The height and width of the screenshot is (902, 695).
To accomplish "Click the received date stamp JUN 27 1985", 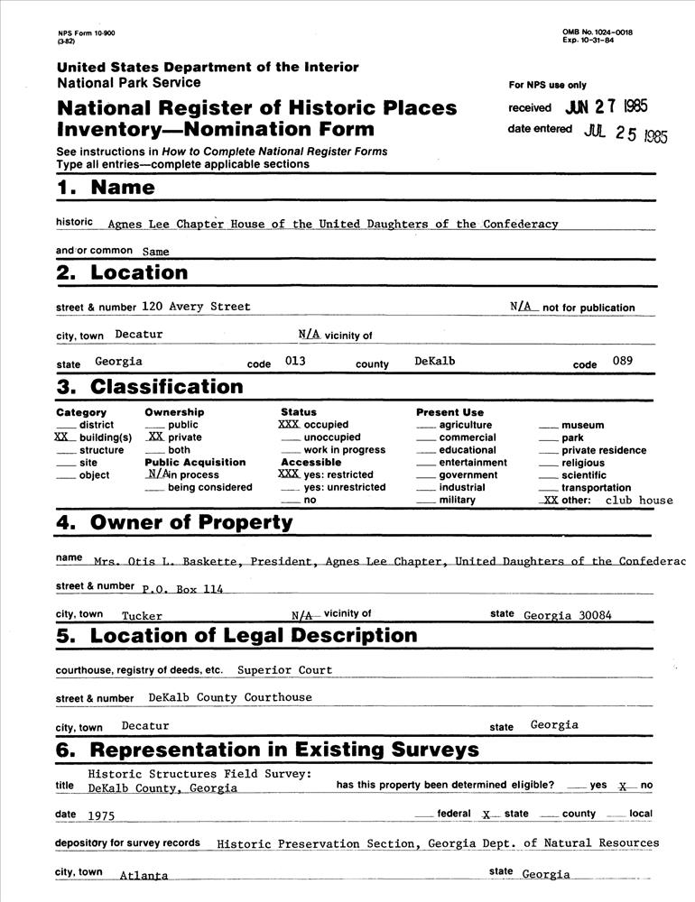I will [606, 106].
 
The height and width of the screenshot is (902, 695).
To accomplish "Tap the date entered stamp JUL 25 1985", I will [625, 134].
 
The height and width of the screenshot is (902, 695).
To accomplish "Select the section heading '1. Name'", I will [106, 189].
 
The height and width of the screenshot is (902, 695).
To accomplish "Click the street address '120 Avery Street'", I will [196, 307].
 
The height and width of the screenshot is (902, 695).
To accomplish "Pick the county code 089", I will [621, 361].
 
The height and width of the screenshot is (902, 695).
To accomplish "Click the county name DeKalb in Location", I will [435, 361].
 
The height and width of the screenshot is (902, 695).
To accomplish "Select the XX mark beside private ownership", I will [155, 437].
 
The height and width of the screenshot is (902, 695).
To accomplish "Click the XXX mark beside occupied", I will [289, 424].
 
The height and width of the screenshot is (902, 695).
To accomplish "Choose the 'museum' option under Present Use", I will [582, 425].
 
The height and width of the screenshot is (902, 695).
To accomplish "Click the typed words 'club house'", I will [639, 500].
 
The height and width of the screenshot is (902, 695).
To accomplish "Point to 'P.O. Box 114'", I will [182, 589].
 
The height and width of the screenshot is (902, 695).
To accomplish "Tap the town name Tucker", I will [142, 616].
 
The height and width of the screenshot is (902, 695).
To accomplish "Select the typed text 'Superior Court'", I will [284, 670].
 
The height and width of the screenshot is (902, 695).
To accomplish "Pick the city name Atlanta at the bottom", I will [144, 875].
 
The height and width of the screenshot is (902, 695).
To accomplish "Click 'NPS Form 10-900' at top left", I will [86, 33].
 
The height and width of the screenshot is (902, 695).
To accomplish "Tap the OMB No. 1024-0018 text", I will [597, 32].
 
